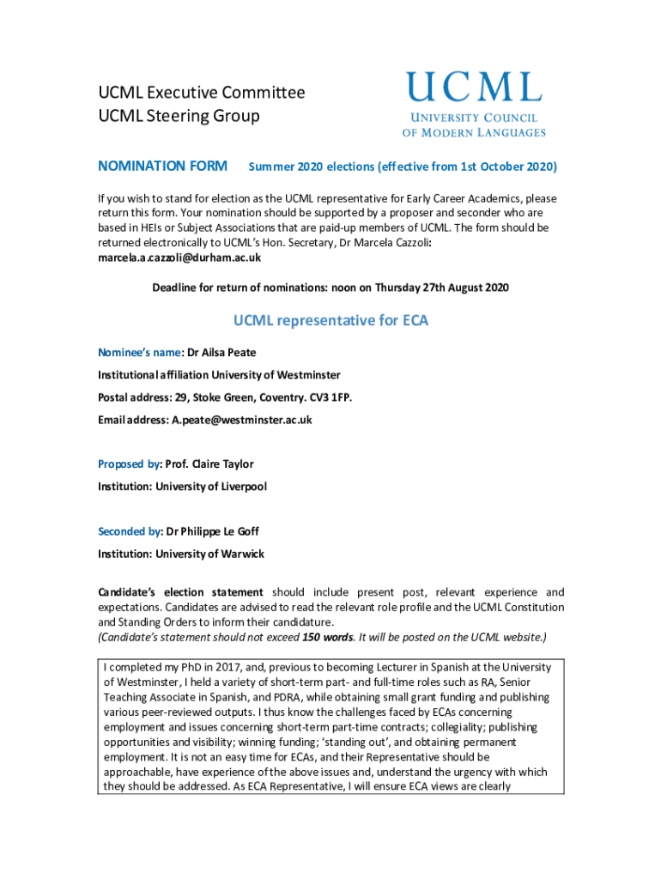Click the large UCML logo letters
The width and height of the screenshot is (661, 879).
pyautogui.click(x=474, y=88)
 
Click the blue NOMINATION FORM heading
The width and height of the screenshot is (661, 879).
pyautogui.click(x=162, y=166)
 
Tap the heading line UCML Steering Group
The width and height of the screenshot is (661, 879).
pyautogui.click(x=178, y=115)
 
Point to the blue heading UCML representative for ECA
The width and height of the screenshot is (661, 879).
pyautogui.click(x=330, y=321)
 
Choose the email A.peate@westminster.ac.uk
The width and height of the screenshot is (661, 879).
pyautogui.click(x=241, y=420)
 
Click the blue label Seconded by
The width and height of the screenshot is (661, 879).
pyautogui.click(x=129, y=531)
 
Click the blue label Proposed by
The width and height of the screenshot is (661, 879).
pyautogui.click(x=129, y=464)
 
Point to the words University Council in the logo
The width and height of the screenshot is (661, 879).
pyautogui.click(x=473, y=118)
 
